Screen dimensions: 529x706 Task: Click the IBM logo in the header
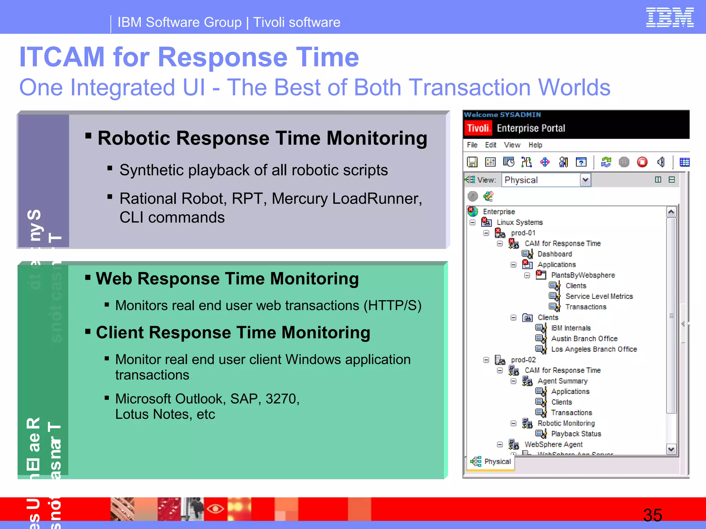click(669, 17)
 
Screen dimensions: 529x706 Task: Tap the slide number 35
click(652, 515)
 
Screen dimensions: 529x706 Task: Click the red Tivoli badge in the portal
click(478, 128)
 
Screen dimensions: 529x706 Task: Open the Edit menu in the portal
click(490, 145)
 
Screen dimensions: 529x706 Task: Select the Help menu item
click(535, 145)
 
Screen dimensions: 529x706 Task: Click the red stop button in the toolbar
click(642, 162)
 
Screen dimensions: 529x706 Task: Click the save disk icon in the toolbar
click(472, 162)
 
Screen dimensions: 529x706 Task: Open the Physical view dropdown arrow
click(585, 180)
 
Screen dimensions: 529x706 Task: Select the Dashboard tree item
click(554, 254)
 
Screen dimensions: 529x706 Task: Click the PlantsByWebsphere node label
click(583, 275)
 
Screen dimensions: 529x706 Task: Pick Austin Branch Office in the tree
click(584, 339)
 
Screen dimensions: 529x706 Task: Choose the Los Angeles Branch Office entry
click(594, 349)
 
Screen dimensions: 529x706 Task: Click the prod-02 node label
click(523, 360)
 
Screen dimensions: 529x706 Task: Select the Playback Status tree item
click(576, 434)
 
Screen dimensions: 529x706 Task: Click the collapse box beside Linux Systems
click(473, 222)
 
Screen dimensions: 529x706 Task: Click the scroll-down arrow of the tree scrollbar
click(671, 449)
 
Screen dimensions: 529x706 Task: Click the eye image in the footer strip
click(215, 508)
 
